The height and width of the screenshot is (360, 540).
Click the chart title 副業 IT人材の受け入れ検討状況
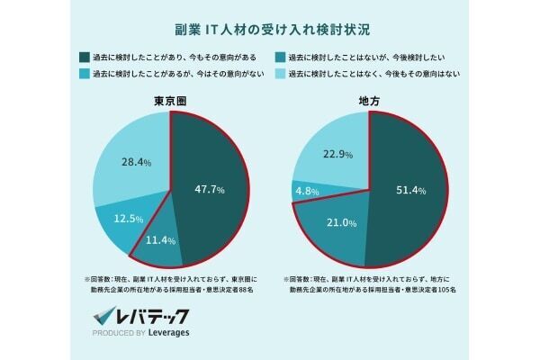(x=269, y=29)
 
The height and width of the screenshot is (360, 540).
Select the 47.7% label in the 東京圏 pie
(x=209, y=189)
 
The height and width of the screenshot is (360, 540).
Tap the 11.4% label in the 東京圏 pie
(x=160, y=240)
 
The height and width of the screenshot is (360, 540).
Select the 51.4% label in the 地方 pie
(x=409, y=190)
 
